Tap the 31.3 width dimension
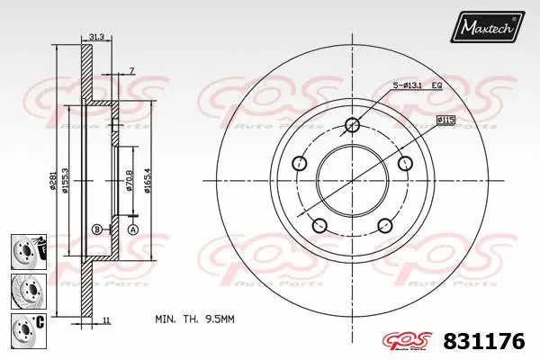[x=97, y=37]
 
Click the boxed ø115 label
[x=447, y=120]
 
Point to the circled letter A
[x=132, y=229]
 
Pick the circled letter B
[x=96, y=229]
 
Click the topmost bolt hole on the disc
[x=352, y=125]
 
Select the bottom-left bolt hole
[x=319, y=225]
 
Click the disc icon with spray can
[x=27, y=248]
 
